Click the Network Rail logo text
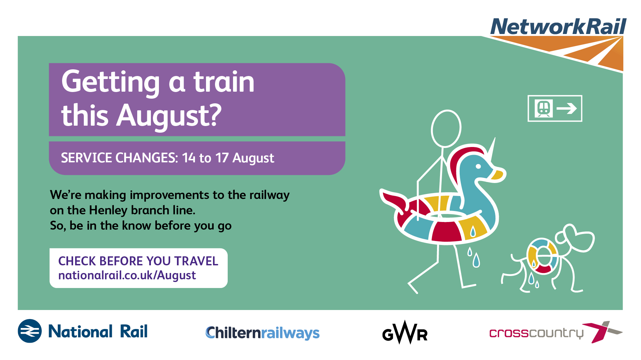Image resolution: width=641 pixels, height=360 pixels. point(558,27)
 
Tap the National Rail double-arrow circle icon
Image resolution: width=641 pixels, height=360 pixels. point(30,331)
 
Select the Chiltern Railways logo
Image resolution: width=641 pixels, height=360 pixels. point(262,333)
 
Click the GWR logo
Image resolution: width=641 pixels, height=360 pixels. point(405,332)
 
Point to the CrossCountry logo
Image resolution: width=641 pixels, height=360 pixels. point(556,332)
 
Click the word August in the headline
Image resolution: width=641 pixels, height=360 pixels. point(169,116)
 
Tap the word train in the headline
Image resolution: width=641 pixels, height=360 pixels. point(224,82)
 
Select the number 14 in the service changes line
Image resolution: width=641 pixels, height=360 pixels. point(189,158)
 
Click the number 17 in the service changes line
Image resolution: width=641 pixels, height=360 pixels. point(222,158)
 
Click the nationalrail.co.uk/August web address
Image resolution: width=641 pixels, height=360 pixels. point(127,276)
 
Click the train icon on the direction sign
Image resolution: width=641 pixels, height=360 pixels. point(544,108)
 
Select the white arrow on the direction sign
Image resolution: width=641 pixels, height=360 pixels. point(567,108)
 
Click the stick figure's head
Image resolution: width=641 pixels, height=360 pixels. point(446,128)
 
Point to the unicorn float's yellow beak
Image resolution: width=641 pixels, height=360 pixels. point(498,175)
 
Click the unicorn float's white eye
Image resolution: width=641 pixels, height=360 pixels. point(478,166)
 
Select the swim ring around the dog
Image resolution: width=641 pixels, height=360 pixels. point(543,256)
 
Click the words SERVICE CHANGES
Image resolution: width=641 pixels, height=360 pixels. point(120,158)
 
